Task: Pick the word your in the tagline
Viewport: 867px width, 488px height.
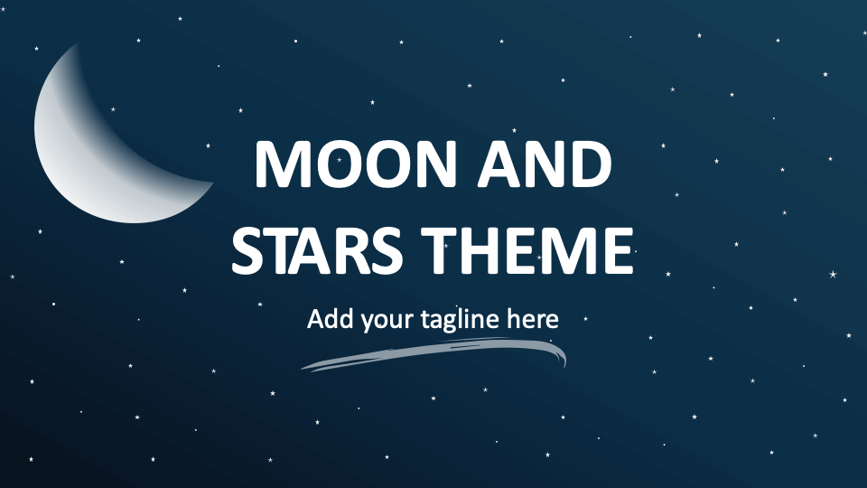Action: [385, 321]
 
